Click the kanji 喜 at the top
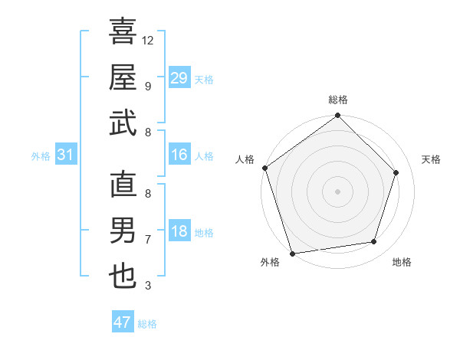(123, 31)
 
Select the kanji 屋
(123, 77)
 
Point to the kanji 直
(123, 185)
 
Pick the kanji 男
(123, 230)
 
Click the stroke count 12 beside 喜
(148, 40)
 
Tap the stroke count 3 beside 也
(147, 286)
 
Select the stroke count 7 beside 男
(147, 240)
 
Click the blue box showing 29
(179, 78)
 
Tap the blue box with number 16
(179, 155)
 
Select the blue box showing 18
(179, 232)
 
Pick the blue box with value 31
(66, 155)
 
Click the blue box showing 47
(123, 322)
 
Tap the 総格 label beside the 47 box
(147, 324)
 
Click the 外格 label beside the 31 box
(41, 156)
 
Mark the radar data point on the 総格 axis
(337, 116)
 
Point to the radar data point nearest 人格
(265, 168)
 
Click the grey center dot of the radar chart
(337, 191)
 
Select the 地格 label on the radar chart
(402, 262)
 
